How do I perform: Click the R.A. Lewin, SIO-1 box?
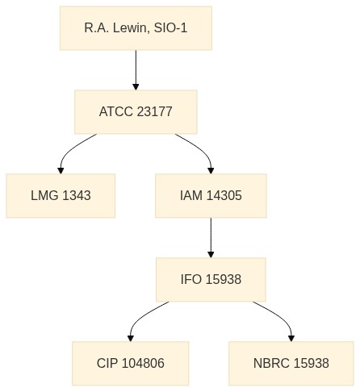[136, 28]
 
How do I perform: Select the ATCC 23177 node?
[136, 112]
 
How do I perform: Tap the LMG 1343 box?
[61, 196]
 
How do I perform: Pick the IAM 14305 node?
[211, 196]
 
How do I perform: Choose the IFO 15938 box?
[211, 280]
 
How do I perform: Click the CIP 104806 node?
[131, 364]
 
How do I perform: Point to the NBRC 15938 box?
[291, 364]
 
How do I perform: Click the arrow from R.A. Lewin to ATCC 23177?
[136, 70]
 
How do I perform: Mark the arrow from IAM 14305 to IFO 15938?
[211, 238]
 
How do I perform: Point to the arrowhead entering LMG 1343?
[61, 171]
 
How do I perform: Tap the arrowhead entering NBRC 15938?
[291, 339]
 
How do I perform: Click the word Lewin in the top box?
[131, 28]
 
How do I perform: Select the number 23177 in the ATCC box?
[154, 111]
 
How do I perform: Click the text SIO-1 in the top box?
[170, 28]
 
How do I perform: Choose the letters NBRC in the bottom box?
[271, 363]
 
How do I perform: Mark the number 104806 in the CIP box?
[143, 363]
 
